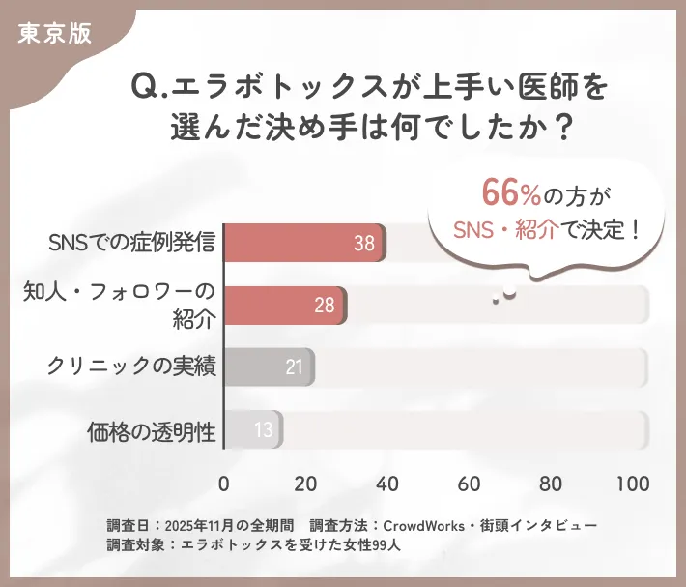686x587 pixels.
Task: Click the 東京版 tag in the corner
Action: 54,32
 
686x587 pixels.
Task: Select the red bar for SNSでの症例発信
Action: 304,243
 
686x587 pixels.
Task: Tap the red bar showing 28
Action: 285,306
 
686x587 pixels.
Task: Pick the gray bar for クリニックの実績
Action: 269,367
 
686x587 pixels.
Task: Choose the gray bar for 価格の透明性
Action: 253,429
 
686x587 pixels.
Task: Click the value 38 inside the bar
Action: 363,244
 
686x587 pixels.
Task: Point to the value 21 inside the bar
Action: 295,367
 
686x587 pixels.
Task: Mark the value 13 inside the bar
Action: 263,429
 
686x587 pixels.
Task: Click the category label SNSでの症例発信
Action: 131,243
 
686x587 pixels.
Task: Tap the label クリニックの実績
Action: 131,367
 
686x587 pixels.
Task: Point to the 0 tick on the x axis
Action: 224,484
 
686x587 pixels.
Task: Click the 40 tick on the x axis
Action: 387,484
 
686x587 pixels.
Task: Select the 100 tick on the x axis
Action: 633,484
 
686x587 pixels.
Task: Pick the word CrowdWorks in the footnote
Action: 423,525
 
